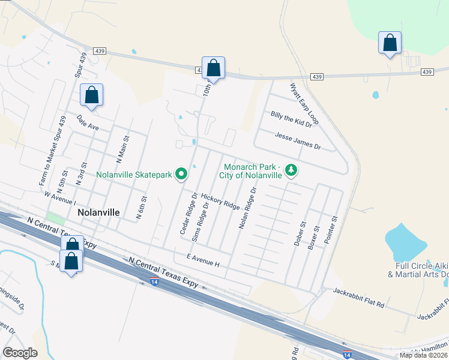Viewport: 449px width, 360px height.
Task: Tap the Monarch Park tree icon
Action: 291,171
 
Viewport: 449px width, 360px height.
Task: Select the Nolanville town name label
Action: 98,212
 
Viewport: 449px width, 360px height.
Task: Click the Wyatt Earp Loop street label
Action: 304,104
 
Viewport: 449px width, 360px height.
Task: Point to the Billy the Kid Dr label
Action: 292,119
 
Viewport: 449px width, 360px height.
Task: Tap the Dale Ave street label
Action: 88,124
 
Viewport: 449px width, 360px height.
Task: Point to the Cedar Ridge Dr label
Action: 188,213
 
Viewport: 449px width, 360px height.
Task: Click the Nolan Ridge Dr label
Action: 248,208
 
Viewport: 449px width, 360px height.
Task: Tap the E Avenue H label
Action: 203,259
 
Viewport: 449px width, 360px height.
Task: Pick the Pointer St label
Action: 331,230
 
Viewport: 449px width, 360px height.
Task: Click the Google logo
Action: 20,353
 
